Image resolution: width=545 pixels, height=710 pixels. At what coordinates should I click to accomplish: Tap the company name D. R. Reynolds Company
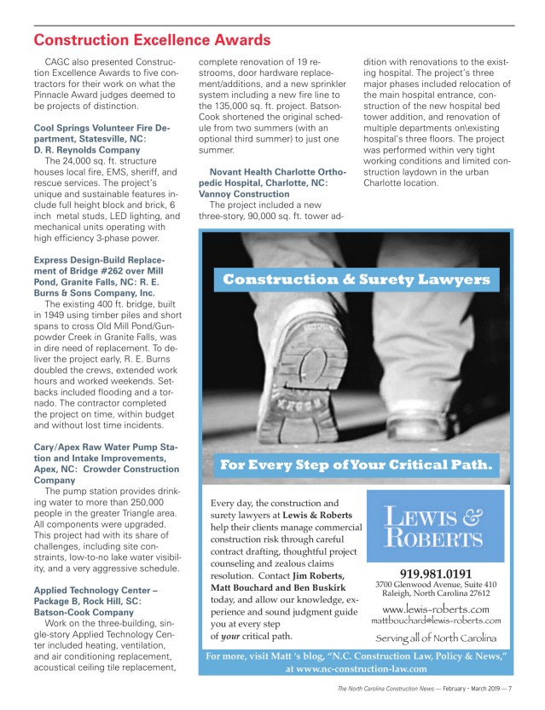pos(86,150)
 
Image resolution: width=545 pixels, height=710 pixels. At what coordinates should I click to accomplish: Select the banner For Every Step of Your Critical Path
pos(357,465)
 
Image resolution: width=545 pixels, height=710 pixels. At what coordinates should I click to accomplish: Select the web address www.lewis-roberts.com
pos(436,609)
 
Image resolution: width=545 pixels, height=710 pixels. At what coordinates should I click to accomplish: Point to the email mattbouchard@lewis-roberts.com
pos(436,621)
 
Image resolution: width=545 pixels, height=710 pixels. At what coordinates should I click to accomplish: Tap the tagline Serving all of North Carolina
pos(436,639)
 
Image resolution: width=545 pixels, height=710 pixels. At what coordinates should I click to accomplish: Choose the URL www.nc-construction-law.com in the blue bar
pos(357,670)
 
